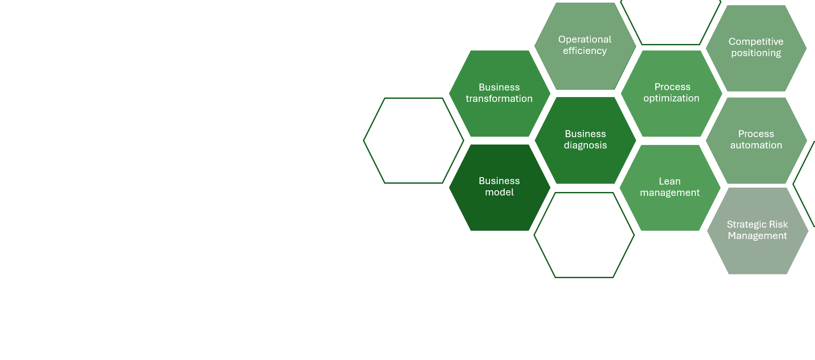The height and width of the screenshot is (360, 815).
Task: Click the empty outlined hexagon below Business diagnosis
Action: (x=584, y=235)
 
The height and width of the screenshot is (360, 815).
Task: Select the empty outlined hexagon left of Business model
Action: (x=413, y=141)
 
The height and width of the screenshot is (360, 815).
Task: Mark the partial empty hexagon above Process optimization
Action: (x=671, y=22)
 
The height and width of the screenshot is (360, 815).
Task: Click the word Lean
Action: (x=670, y=181)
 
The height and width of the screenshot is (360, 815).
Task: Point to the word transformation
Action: (x=499, y=99)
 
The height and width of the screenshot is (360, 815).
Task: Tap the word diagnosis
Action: (x=585, y=145)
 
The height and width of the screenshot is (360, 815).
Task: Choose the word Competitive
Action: (x=756, y=42)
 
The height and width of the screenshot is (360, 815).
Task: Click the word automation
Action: (x=756, y=145)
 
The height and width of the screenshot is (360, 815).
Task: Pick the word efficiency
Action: (x=585, y=51)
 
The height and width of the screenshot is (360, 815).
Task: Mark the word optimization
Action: (x=671, y=98)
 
